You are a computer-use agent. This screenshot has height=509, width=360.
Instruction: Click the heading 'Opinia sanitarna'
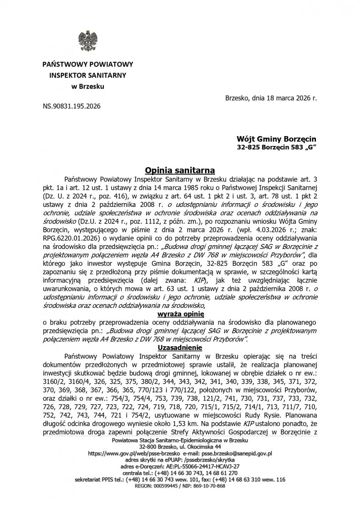pyautogui.click(x=180, y=170)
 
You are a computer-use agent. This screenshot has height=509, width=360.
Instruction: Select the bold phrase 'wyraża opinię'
pyautogui.click(x=180, y=314)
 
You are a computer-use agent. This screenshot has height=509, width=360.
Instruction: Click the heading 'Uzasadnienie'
pyautogui.click(x=180, y=347)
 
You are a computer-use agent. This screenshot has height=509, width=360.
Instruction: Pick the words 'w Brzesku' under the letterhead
pyautogui.click(x=87, y=87)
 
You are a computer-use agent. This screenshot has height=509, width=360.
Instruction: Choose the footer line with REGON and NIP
pyautogui.click(x=180, y=486)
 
